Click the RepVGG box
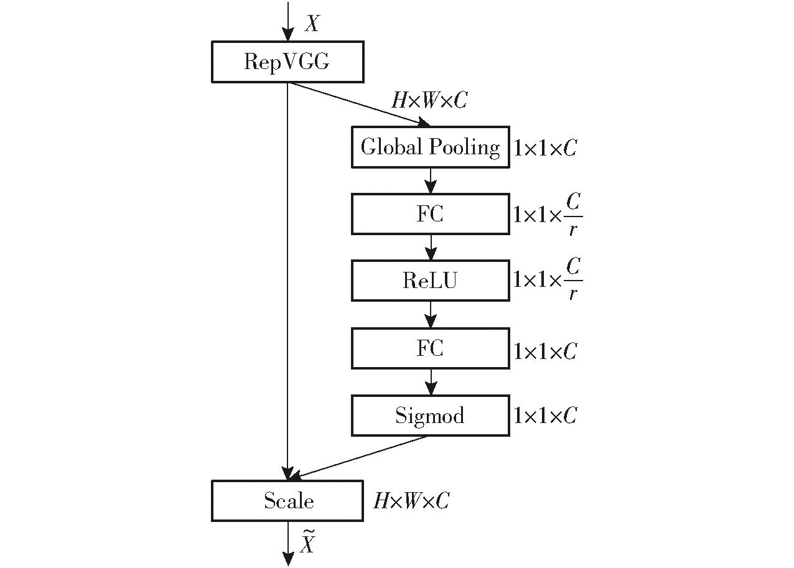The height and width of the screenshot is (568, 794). pyautogui.click(x=287, y=62)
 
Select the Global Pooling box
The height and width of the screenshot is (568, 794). pyautogui.click(x=431, y=147)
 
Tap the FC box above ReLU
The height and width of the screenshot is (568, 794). pyautogui.click(x=431, y=214)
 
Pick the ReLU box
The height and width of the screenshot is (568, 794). pyautogui.click(x=431, y=281)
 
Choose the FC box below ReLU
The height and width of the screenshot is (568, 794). pyautogui.click(x=431, y=348)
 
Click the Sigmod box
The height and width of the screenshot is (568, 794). pyautogui.click(x=431, y=416)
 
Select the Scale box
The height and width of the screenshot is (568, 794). pyautogui.click(x=287, y=501)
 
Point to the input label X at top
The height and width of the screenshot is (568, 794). pyautogui.click(x=312, y=24)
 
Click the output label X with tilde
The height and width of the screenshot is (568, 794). pyautogui.click(x=307, y=541)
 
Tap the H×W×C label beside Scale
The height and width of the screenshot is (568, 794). pyautogui.click(x=411, y=501)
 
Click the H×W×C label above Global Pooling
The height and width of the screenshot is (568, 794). pyautogui.click(x=429, y=100)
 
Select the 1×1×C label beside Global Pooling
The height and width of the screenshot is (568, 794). pyautogui.click(x=546, y=148)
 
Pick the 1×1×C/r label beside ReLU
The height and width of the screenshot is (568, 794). pyautogui.click(x=548, y=280)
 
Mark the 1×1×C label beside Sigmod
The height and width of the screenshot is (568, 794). pyautogui.click(x=546, y=416)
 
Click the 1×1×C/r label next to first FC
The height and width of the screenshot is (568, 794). pyautogui.click(x=548, y=215)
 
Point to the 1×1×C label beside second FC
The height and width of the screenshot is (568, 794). pyautogui.click(x=546, y=352)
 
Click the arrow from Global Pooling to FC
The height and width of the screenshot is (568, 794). pyautogui.click(x=431, y=180)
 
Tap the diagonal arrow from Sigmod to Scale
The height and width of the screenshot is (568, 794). pyautogui.click(x=358, y=457)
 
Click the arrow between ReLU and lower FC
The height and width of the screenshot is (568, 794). pyautogui.click(x=431, y=315)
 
